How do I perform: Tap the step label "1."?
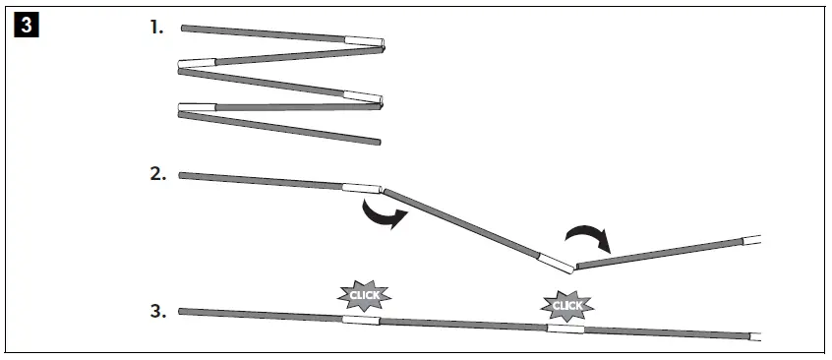[x=157, y=28]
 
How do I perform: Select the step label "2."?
[x=157, y=173]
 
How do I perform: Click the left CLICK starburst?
[x=365, y=293]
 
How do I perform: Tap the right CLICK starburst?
[x=567, y=305]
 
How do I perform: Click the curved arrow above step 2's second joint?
[x=587, y=237]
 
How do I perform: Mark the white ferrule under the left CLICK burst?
[x=360, y=320]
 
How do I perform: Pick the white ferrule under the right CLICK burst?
[x=565, y=328]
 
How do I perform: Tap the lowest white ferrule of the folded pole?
[x=197, y=107]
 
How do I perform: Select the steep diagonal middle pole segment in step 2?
[x=462, y=221]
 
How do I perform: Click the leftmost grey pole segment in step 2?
[x=261, y=180]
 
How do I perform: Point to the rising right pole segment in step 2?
[x=659, y=253]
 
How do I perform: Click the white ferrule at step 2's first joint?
[x=361, y=188]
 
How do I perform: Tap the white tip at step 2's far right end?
[x=752, y=239]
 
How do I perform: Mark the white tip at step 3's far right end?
[x=755, y=336]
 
